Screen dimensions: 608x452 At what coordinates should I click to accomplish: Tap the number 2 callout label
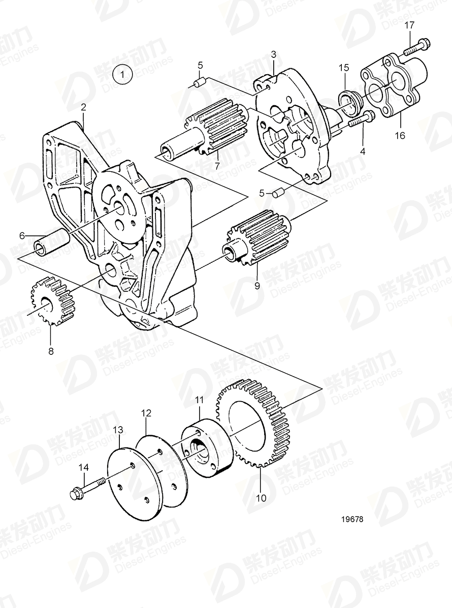point(84,107)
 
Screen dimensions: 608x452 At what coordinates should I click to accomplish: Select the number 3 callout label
point(273,54)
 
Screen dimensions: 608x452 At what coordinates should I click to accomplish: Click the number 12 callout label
point(146,414)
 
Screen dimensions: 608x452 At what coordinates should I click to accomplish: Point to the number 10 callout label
point(261,498)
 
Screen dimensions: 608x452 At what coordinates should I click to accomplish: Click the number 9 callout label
point(257,286)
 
